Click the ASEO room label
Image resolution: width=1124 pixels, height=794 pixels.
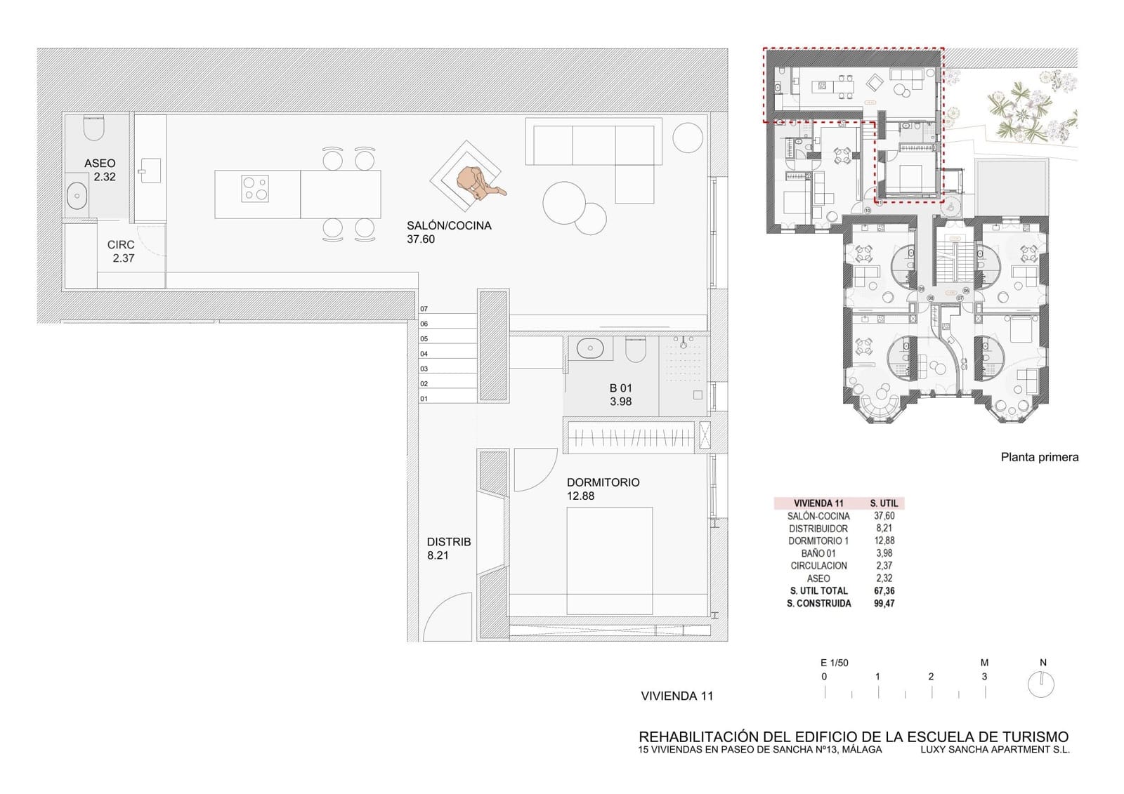click(x=100, y=164)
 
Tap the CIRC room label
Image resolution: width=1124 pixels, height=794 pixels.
click(x=121, y=245)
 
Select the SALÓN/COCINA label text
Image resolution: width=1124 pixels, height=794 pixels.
click(x=449, y=226)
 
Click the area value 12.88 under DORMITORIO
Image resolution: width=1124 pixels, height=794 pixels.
click(x=580, y=496)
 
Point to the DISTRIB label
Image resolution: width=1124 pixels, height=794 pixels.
click(x=449, y=542)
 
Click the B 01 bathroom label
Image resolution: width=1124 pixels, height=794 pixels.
click(x=621, y=388)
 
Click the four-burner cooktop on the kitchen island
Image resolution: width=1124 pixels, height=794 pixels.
click(x=255, y=189)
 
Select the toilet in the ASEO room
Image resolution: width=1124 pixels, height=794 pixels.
click(x=93, y=128)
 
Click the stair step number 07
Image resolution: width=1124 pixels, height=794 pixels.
click(x=424, y=309)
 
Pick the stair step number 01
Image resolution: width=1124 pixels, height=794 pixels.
click(x=424, y=399)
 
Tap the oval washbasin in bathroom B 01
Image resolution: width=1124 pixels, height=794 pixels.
click(x=589, y=348)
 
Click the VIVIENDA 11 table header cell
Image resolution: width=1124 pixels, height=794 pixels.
click(x=818, y=503)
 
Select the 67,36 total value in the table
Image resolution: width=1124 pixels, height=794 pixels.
click(x=884, y=591)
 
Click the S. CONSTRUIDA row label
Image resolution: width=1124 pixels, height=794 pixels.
click(x=819, y=604)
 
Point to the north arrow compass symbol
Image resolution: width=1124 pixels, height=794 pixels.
click(x=1041, y=684)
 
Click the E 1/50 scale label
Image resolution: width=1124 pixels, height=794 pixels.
click(x=834, y=663)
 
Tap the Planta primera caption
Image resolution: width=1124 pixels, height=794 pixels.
click(x=1039, y=458)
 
